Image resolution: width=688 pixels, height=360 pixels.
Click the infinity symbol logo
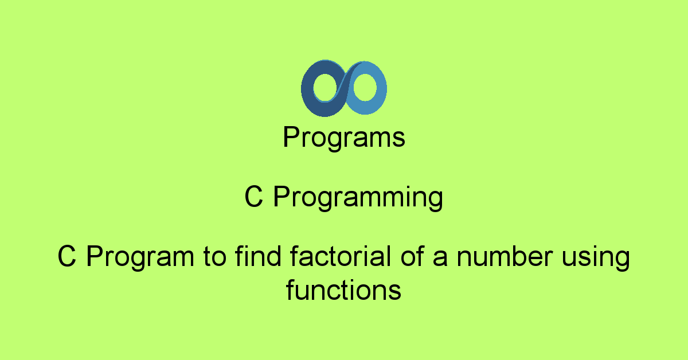click(343, 88)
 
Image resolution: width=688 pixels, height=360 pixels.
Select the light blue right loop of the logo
click(381, 88)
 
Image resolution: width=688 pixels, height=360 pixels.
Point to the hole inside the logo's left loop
click(325, 87)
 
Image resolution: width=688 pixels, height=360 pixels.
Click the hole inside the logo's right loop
click(365, 87)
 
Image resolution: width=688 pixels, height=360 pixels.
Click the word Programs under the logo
click(344, 138)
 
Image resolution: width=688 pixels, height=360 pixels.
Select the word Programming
click(358, 198)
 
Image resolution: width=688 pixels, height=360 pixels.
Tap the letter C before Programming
click(253, 197)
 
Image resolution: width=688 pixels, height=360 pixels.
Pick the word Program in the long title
click(140, 257)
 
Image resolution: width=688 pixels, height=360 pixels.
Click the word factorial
click(341, 256)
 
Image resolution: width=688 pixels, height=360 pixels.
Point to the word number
click(505, 256)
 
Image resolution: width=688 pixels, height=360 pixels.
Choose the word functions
click(343, 289)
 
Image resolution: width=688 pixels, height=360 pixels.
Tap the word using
click(596, 258)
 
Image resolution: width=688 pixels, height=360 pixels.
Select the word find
click(258, 256)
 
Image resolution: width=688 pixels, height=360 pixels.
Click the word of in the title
click(412, 256)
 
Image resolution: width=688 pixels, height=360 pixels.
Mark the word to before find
click(214, 257)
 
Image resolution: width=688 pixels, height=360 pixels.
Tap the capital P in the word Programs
click(291, 136)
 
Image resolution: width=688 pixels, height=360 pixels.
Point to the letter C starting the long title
click(67, 256)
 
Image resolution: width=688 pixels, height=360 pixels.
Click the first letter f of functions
click(291, 289)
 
